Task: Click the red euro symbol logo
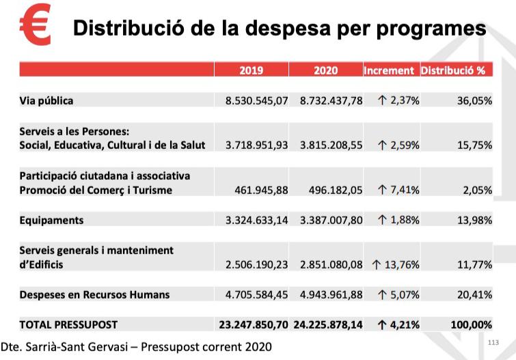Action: [x=36, y=25]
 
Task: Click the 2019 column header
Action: [x=251, y=70]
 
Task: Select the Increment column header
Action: [x=389, y=70]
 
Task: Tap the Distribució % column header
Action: [x=453, y=70]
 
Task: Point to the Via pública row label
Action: [x=46, y=100]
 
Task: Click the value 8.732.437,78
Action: [x=331, y=100]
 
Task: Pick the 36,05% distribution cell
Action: [x=474, y=100]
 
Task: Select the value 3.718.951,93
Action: [x=257, y=145]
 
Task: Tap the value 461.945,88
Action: [x=261, y=190]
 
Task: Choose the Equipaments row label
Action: [x=51, y=220]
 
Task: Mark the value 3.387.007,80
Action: [x=331, y=220]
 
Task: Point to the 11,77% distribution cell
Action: [x=474, y=264]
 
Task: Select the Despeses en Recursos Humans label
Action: [x=94, y=294]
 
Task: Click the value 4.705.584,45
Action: [x=257, y=294]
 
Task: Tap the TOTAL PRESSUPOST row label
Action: [x=68, y=324]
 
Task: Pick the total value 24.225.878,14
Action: [x=328, y=324]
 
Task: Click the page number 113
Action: [x=493, y=342]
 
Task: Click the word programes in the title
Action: [x=431, y=29]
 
